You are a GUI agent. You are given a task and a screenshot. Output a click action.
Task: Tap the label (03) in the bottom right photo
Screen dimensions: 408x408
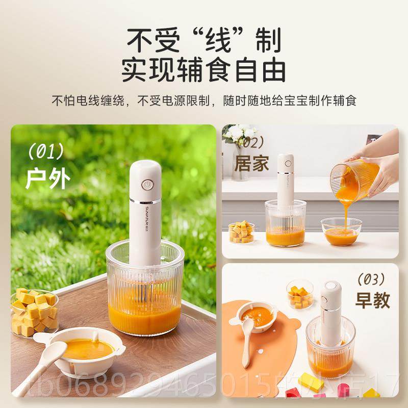click(x=372, y=279)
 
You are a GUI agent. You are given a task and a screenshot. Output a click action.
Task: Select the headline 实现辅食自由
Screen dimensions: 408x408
click(x=203, y=69)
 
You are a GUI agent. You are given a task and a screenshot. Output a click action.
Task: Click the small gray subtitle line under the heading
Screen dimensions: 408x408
click(x=203, y=100)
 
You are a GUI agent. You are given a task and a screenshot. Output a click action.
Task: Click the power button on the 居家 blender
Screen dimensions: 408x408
click(x=287, y=164)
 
